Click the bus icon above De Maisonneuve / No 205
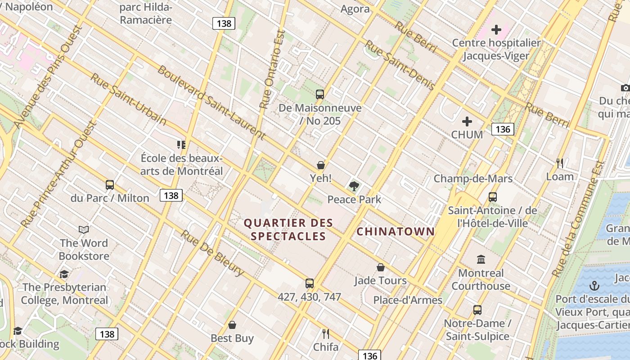coord(320,94)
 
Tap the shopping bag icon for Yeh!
coord(321,165)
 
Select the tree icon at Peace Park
coord(354,186)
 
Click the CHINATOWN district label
coord(396,232)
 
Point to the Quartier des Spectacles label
coord(288,229)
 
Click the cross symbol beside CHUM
coord(467,121)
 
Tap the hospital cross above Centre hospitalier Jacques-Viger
coord(496,30)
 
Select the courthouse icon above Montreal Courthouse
coord(481,260)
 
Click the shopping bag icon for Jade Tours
coord(381,267)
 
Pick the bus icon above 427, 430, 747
coord(310,283)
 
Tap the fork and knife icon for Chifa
coord(326,334)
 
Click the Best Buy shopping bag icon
coord(232,325)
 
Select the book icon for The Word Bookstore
coord(84,230)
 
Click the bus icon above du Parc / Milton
coord(110,185)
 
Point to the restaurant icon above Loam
coord(560,163)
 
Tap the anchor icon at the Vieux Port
coord(594,286)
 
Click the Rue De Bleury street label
coord(212,253)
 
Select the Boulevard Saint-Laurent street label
coord(211,102)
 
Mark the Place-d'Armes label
coord(408,300)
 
